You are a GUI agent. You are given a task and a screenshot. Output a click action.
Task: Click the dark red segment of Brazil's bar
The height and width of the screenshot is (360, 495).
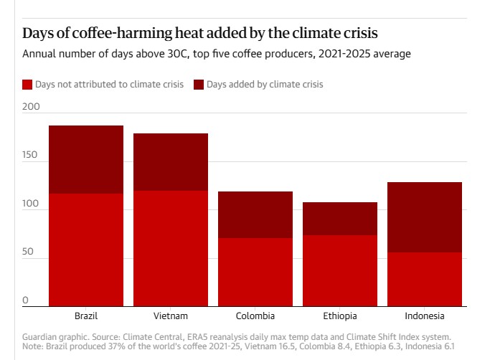click(x=86, y=159)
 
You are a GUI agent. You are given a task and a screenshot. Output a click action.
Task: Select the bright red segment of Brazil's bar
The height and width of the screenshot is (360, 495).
click(x=86, y=250)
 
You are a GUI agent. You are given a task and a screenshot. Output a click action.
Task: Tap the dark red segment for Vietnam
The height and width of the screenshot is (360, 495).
click(x=171, y=162)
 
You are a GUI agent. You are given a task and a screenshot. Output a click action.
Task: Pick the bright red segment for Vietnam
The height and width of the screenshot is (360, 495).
click(x=171, y=248)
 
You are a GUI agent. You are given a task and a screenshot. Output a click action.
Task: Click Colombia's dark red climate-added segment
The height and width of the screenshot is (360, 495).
click(x=255, y=214)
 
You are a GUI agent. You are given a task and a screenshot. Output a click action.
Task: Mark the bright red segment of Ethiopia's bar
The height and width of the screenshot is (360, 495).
click(x=340, y=270)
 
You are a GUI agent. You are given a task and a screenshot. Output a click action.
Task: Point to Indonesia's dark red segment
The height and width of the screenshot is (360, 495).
click(x=425, y=217)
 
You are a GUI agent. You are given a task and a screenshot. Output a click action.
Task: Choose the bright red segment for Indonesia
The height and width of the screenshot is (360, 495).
click(x=425, y=279)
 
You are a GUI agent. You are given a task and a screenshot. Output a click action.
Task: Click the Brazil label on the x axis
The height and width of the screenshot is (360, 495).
click(x=86, y=316)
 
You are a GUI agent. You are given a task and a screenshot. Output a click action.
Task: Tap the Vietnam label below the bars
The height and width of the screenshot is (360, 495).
click(x=171, y=316)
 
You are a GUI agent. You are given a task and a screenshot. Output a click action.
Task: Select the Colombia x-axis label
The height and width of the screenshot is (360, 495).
click(x=255, y=316)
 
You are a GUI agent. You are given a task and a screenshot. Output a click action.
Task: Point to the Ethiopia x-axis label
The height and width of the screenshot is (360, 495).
click(x=340, y=316)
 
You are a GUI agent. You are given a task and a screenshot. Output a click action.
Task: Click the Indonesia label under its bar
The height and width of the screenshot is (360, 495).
click(x=425, y=316)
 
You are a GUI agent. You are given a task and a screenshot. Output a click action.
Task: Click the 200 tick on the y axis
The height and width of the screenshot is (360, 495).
click(x=31, y=107)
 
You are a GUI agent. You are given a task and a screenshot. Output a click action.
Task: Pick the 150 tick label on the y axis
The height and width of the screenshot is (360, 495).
click(x=31, y=156)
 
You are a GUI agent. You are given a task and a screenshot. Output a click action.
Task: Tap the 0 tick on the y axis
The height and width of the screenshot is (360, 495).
click(x=25, y=300)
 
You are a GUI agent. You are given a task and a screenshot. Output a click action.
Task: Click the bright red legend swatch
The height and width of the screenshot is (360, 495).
click(x=27, y=85)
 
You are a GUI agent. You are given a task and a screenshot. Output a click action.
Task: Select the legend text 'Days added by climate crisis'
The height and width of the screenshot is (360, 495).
click(x=265, y=85)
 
